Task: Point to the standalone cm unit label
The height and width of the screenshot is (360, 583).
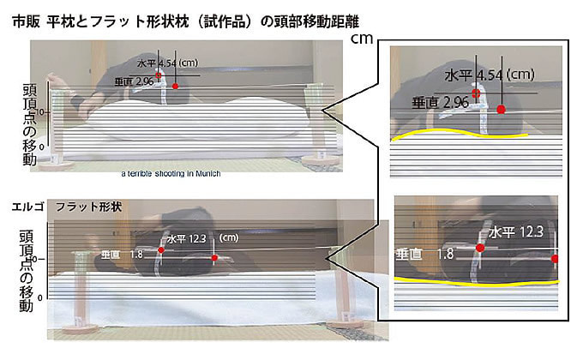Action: coord(362,39)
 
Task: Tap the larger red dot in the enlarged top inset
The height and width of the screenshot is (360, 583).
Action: coord(501,109)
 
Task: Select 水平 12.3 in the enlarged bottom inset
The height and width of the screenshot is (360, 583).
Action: coord(516,231)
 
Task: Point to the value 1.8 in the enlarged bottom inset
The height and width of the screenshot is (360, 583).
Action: coord(444,254)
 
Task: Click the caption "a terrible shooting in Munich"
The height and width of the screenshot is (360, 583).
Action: coord(171,174)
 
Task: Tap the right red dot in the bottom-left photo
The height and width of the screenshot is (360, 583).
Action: coord(214,258)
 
